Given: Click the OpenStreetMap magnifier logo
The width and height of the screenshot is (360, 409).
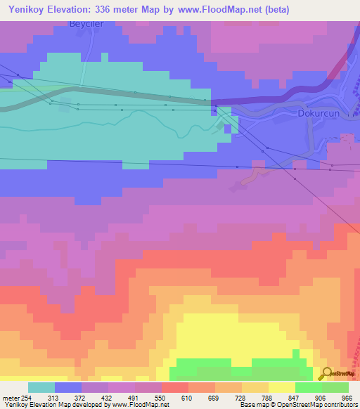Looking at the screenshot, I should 327,373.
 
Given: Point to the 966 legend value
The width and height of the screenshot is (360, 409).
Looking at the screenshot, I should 347,398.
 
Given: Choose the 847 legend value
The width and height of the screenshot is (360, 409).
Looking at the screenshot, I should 282,398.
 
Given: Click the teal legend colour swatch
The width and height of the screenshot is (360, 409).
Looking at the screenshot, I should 41,387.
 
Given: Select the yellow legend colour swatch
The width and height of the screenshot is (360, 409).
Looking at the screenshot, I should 281,387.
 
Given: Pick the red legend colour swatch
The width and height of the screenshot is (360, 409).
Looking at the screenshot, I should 174,387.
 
